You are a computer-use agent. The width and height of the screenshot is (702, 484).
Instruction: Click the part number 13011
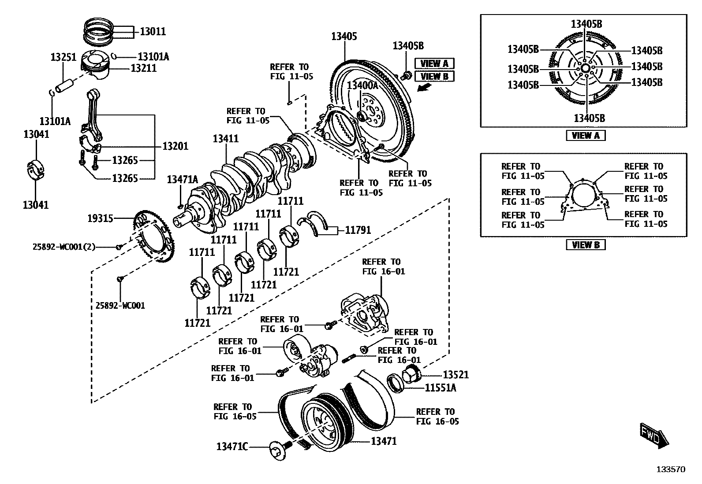click(x=153, y=31)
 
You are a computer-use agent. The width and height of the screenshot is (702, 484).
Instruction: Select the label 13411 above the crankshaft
click(x=226, y=138)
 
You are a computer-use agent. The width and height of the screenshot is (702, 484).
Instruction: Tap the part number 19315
click(x=100, y=218)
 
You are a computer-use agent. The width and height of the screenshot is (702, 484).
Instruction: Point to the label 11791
click(x=358, y=230)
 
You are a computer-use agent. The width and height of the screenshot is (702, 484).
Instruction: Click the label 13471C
click(x=232, y=447)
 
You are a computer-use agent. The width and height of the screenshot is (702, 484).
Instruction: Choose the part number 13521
click(x=456, y=374)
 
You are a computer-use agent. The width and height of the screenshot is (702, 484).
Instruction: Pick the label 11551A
click(x=441, y=388)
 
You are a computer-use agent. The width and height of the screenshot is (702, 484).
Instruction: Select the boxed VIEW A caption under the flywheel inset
click(x=586, y=136)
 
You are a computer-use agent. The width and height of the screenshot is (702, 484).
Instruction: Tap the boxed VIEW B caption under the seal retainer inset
click(x=586, y=245)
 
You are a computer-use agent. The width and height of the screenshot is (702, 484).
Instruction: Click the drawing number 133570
click(x=671, y=469)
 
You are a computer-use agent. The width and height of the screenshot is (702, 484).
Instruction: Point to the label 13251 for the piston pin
click(x=63, y=57)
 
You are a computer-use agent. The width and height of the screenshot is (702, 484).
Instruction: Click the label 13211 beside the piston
click(x=144, y=68)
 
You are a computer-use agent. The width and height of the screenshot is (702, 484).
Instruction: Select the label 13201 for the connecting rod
click(x=175, y=146)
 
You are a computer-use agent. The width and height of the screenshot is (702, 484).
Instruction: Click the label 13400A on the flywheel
click(x=362, y=85)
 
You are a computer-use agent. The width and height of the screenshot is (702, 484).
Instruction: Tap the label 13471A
click(x=183, y=179)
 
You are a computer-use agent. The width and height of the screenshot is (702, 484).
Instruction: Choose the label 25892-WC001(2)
click(x=64, y=247)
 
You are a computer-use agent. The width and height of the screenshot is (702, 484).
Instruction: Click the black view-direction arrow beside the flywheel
click(x=424, y=87)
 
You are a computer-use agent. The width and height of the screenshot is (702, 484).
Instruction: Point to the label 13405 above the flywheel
click(x=344, y=36)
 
